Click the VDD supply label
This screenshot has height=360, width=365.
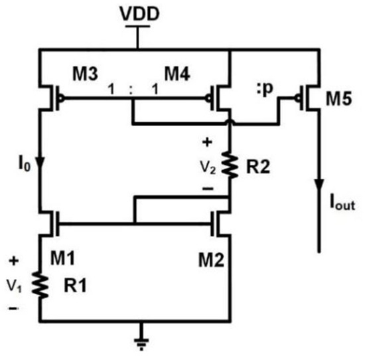click(139, 14)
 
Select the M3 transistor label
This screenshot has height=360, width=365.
click(85, 74)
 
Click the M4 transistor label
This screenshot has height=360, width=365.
click(177, 74)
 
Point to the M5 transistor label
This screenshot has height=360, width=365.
click(338, 99)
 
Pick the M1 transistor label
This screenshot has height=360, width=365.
click(62, 258)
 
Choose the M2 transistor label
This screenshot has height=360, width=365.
click(211, 260)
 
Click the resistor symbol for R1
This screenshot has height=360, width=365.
click(40, 285)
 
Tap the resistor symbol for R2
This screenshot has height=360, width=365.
click(230, 165)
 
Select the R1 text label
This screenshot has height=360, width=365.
click(75, 286)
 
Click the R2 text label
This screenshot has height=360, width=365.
click(258, 167)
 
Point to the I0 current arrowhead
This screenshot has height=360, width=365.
click(40, 163)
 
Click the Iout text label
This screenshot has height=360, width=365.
click(342, 203)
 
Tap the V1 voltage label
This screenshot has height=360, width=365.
click(15, 286)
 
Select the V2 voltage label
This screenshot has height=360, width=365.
click(208, 167)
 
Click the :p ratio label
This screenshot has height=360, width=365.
click(265, 89)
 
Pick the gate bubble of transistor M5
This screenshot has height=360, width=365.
click(297, 98)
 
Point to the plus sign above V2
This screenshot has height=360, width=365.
click(207, 142)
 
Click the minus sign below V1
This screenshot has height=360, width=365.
click(13, 308)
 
